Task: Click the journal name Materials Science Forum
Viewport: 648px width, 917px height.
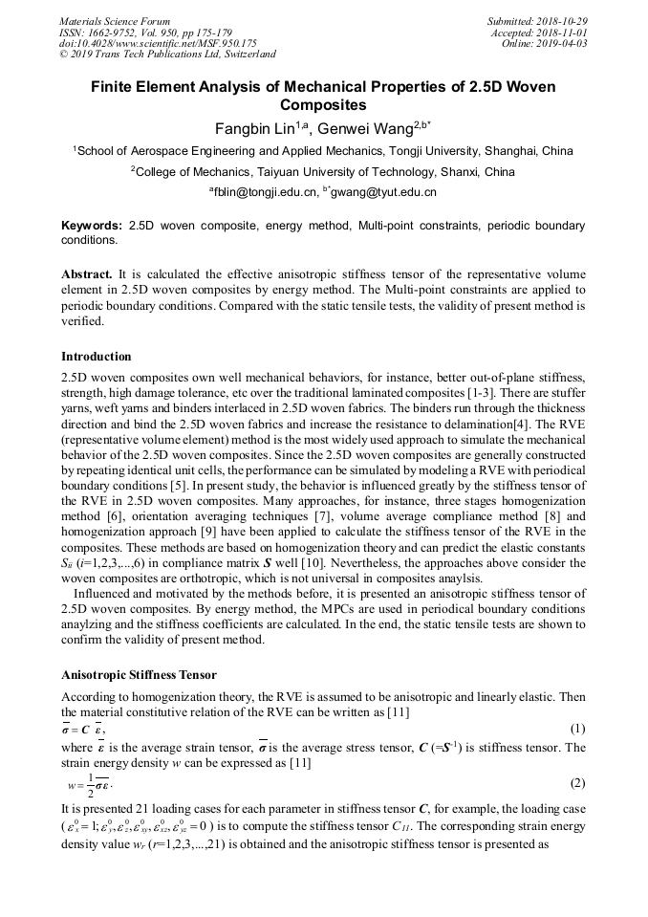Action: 115,21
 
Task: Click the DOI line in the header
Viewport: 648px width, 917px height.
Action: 158,43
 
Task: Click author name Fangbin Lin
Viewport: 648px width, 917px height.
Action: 253,129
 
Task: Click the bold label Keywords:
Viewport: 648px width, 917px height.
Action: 91,226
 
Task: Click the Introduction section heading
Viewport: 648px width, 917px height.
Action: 97,357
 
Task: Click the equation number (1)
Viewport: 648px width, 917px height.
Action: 576,730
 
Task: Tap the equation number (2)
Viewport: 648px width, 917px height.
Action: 576,784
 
